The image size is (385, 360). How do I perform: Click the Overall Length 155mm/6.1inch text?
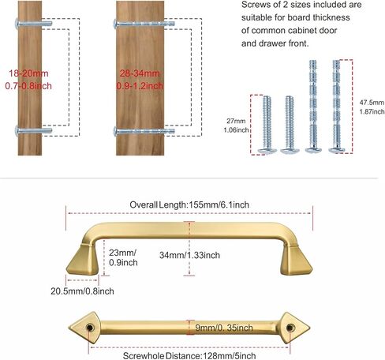pyautogui.click(x=189, y=204)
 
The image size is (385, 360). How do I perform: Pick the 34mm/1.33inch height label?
pyautogui.click(x=189, y=255)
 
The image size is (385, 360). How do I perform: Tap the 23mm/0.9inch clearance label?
pyautogui.click(x=123, y=257)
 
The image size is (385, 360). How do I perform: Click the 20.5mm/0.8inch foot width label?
pyautogui.click(x=82, y=291)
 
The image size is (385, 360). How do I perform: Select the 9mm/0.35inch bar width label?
pyautogui.click(x=224, y=328)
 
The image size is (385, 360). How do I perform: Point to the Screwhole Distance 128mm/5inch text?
pyautogui.click(x=189, y=356)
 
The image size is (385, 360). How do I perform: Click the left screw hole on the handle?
pyautogui.click(x=90, y=328)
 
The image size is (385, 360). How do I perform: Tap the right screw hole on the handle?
pyautogui.click(x=290, y=328)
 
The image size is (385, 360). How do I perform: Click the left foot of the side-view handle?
pyautogui.click(x=83, y=260)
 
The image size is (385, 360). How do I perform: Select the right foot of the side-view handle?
pyautogui.click(x=296, y=260)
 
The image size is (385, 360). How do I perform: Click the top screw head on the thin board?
pyautogui.click(x=17, y=23)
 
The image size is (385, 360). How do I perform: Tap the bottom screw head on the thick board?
pyautogui.click(x=115, y=131)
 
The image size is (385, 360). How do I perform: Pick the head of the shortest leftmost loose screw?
pyautogui.click(x=267, y=151)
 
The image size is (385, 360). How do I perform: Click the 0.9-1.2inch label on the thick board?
pyautogui.click(x=140, y=86)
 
